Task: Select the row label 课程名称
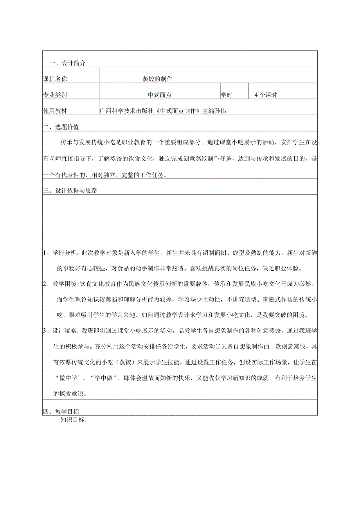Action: pyautogui.click(x=55, y=79)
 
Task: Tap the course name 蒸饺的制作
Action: pyautogui.click(x=157, y=79)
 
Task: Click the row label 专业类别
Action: pyautogui.click(x=55, y=95)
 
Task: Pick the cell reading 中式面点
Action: pyautogui.click(x=160, y=95)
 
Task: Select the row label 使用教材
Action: pyautogui.click(x=55, y=111)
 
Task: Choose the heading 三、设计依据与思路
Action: pyautogui.click(x=70, y=191)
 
